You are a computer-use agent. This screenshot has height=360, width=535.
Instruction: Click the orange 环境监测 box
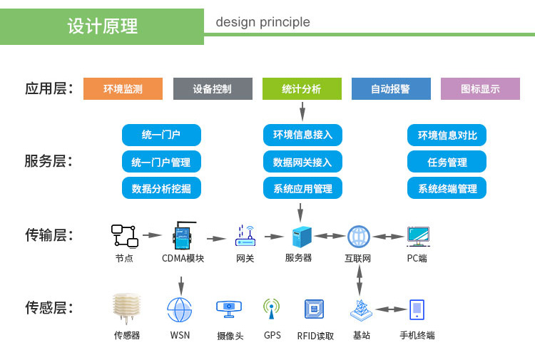coord(123,88)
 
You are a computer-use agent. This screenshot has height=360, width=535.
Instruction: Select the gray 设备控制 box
coord(213,88)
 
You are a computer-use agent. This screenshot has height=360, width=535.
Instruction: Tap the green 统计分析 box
coord(302,88)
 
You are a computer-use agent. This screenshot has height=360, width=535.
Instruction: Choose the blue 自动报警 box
coord(391,88)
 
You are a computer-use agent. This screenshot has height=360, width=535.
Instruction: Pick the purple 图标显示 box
coord(480,88)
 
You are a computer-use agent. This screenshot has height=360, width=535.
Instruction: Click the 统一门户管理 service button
coord(161,162)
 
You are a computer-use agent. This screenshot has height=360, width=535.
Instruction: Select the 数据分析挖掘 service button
coord(161,188)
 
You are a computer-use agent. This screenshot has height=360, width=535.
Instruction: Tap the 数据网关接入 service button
coord(302,162)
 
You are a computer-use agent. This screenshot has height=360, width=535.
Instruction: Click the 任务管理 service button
coord(447,162)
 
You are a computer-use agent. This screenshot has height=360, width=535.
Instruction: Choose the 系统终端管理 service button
coord(447,188)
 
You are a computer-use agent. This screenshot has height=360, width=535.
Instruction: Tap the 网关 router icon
coord(245,235)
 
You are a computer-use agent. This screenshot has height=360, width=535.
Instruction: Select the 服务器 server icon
coord(301,236)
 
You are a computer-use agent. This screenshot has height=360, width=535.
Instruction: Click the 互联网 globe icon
coord(358,236)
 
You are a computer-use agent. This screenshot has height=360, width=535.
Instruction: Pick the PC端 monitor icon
coord(417,236)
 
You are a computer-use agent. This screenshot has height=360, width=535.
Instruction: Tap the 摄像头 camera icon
coord(229,308)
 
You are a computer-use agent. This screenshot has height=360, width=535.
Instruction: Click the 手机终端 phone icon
coord(417,309)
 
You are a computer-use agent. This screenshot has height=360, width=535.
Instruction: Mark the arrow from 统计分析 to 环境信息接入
coord(302,111)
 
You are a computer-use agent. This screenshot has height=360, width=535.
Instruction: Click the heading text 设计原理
coord(102,26)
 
